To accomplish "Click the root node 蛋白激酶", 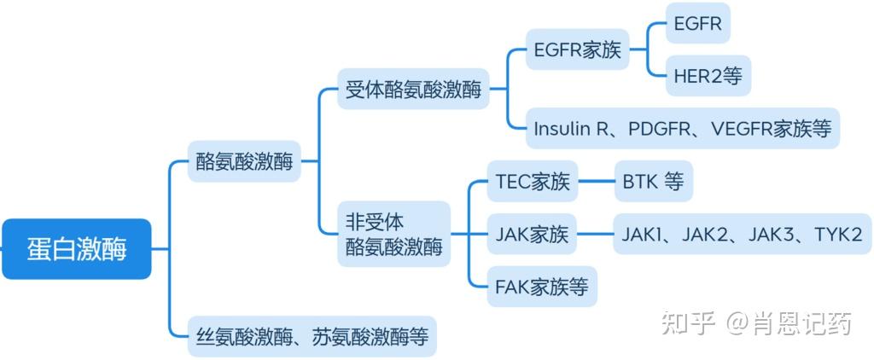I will [76, 249].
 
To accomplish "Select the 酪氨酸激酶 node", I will [244, 161].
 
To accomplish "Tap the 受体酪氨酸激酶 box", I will [413, 89].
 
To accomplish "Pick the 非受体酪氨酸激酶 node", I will [393, 234].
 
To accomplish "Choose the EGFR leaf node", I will [696, 24].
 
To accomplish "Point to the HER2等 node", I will [708, 77].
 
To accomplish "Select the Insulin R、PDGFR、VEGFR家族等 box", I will [682, 129].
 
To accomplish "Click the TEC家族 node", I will [532, 182].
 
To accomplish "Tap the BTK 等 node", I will [653, 182].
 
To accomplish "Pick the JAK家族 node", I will [532, 234].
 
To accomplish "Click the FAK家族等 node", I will [541, 286].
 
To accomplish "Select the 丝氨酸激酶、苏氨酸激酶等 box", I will [312, 336].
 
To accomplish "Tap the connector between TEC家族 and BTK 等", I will [596, 182].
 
